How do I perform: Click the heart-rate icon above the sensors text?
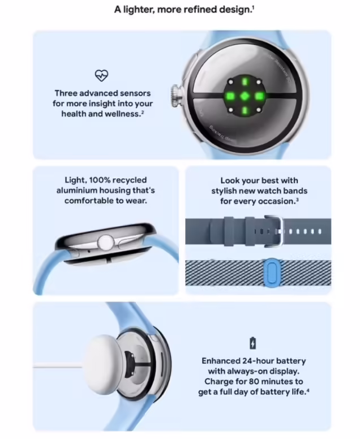click(101, 75)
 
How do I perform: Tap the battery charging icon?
click(252, 343)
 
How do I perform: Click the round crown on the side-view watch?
click(104, 243)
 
